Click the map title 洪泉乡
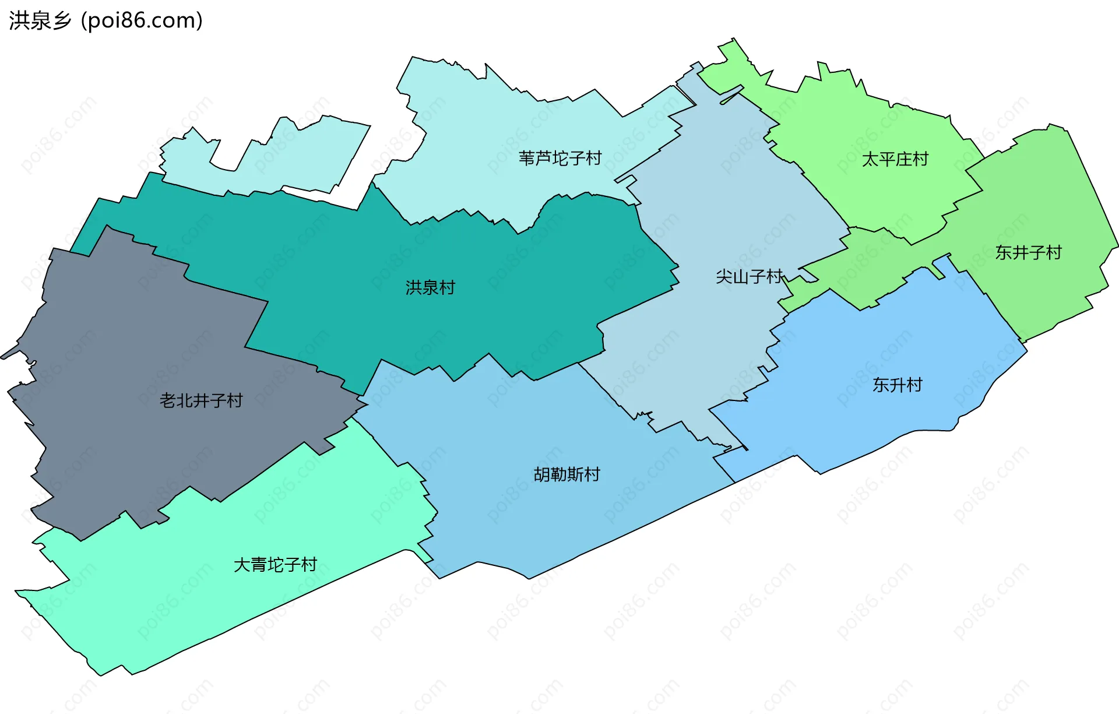pos(40,20)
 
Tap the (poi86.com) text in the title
pos(142,20)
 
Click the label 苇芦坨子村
pos(559,158)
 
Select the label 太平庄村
pos(895,159)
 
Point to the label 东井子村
pos(1028,252)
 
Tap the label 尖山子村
pos(749,276)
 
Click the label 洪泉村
pos(430,287)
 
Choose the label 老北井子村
pos(201,400)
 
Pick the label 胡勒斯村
pos(566,474)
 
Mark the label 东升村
pos(897,385)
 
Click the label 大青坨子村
pos(275,564)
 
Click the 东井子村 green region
pos(1049,198)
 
